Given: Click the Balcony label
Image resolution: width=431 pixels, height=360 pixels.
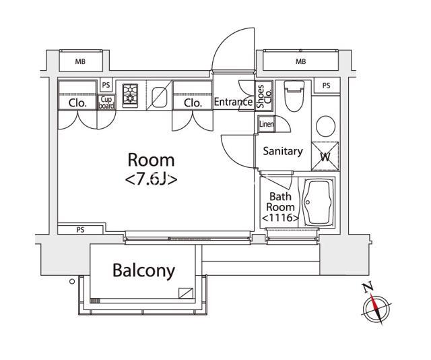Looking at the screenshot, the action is click(x=143, y=270).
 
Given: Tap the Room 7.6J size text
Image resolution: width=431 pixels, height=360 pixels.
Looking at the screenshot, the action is click(x=151, y=180).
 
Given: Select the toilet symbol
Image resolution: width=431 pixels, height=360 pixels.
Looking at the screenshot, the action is click(x=294, y=96).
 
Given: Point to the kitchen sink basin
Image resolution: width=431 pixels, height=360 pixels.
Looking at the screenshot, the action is click(x=160, y=98).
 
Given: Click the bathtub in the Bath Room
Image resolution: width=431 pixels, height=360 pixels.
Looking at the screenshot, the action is click(x=319, y=202).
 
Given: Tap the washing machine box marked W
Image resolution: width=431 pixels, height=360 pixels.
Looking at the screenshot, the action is click(x=325, y=156).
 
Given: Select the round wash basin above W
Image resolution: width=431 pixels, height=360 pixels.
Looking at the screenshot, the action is click(x=326, y=126).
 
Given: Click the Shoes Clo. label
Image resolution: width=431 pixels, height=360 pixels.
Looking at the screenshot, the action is click(x=264, y=96).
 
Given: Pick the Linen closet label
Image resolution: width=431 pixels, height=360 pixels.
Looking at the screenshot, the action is click(x=267, y=124).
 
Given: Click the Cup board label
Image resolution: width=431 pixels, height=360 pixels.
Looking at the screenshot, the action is click(x=106, y=102).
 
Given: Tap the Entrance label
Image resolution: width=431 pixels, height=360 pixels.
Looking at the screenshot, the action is click(x=234, y=102).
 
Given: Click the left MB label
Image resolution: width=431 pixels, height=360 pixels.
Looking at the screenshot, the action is click(x=80, y=61).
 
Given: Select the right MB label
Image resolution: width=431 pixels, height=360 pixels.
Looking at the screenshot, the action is click(x=301, y=61).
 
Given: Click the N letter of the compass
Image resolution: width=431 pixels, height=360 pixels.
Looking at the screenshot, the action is click(x=368, y=287).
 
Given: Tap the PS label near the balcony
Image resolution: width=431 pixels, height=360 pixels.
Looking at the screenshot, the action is click(x=80, y=229).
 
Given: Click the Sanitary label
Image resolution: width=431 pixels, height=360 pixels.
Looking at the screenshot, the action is click(x=283, y=151).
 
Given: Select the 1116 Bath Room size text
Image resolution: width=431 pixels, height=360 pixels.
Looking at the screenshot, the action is click(x=280, y=218).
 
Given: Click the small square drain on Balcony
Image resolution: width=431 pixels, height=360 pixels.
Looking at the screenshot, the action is click(x=186, y=293).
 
